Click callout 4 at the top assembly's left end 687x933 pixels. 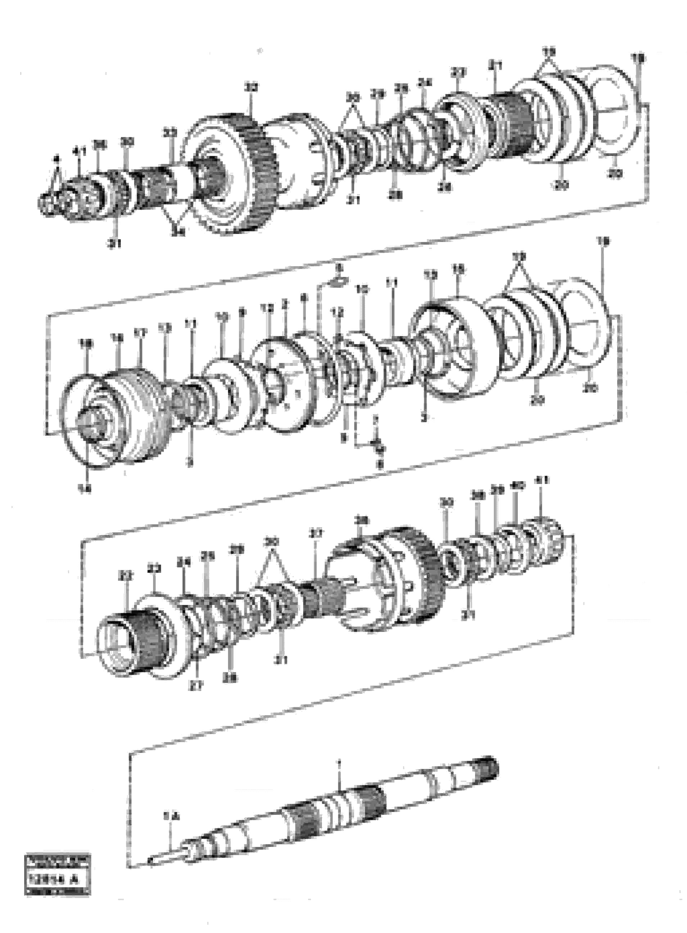tap(57, 158)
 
